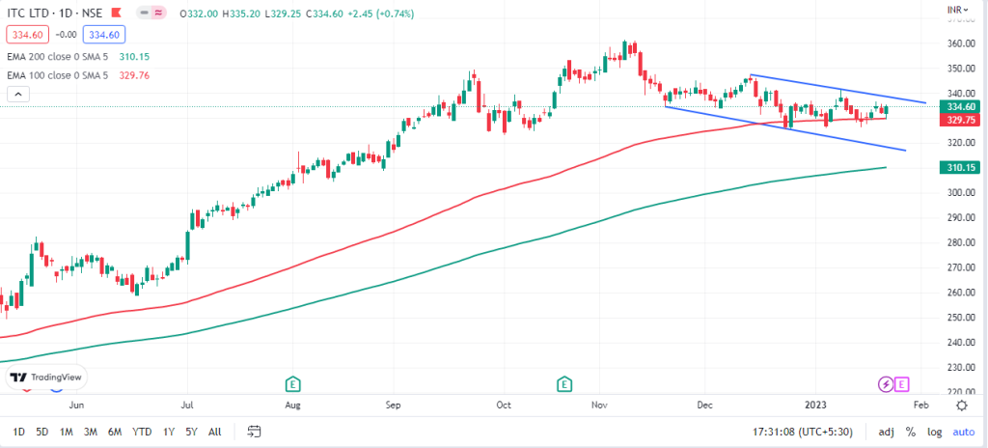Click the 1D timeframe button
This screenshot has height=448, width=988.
[19, 432]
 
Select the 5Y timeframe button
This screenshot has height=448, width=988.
[193, 432]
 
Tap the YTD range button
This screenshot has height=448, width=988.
[142, 432]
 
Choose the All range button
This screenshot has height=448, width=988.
[214, 432]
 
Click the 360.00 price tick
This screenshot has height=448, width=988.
[959, 44]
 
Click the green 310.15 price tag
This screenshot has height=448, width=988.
[959, 167]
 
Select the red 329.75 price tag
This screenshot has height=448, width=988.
[959, 120]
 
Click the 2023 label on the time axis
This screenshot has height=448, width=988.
[816, 406]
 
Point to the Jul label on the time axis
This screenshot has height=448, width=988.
[188, 406]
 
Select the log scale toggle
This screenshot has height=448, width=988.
[934, 432]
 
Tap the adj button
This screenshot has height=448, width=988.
[887, 432]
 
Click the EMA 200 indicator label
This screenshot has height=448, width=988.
[58, 57]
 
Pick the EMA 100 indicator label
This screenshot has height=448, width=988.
[58, 73]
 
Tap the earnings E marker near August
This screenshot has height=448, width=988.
[293, 384]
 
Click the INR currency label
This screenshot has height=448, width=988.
[955, 12]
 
